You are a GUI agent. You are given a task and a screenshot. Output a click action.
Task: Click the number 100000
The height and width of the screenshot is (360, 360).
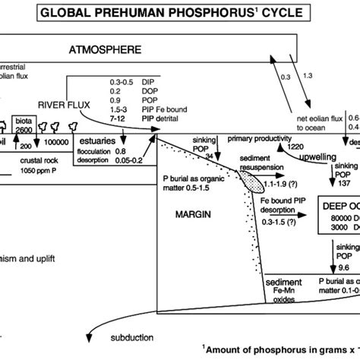point(53,144)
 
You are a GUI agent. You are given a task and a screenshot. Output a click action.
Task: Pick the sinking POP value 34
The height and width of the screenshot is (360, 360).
point(209,156)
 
